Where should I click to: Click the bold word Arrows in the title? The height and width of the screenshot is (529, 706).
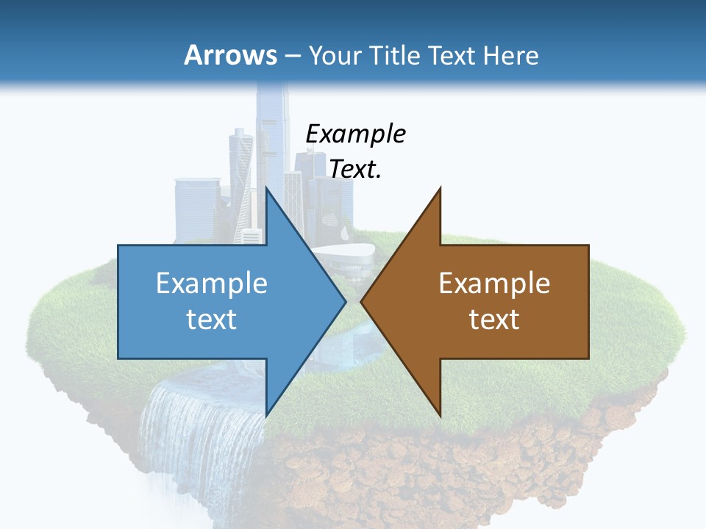click(230, 55)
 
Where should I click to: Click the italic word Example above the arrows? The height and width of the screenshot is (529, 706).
click(356, 134)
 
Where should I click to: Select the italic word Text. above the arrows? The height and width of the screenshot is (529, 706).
click(356, 169)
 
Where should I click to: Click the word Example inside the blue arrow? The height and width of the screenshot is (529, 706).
click(212, 283)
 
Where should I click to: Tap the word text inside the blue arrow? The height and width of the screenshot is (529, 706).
click(212, 320)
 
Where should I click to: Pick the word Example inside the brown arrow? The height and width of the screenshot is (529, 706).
click(494, 283)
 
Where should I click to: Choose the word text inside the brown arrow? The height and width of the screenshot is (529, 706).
click(494, 320)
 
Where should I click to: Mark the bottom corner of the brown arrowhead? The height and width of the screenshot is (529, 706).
click(440, 413)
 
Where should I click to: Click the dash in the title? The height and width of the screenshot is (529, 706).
click(291, 56)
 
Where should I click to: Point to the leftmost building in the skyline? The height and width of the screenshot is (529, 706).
click(196, 209)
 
